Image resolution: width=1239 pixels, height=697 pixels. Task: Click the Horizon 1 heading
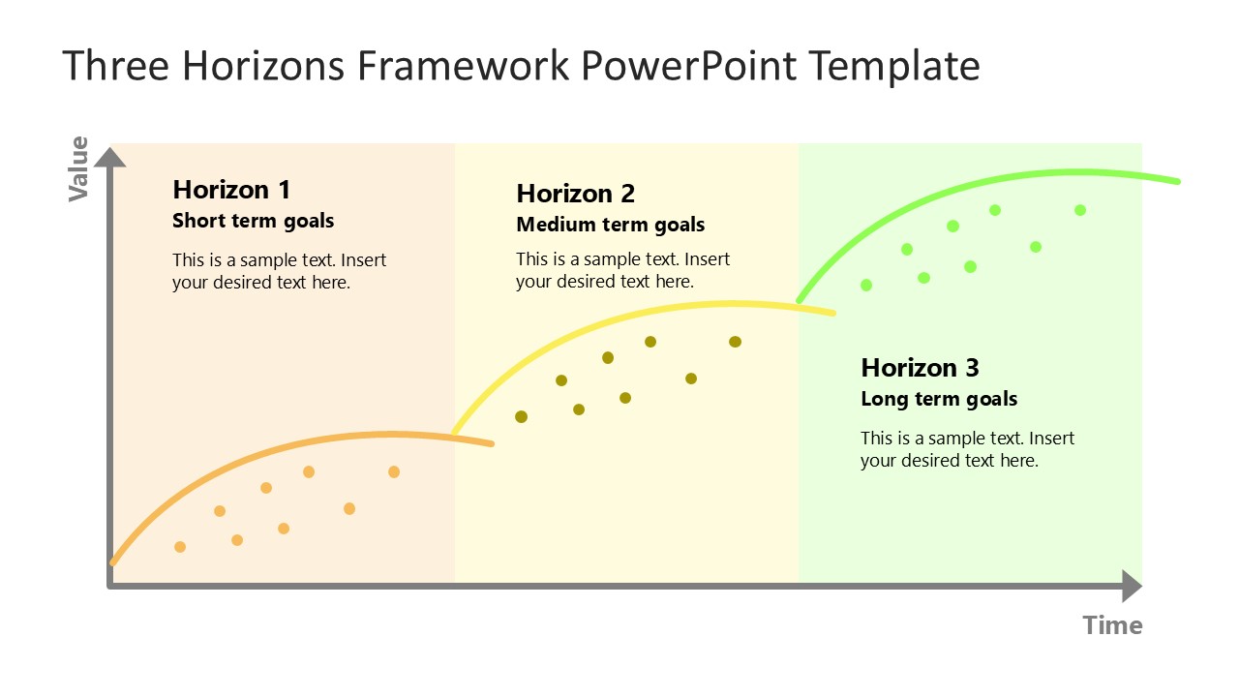(231, 189)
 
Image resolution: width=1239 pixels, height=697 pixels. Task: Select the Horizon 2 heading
(575, 194)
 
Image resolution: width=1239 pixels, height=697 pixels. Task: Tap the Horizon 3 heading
(920, 368)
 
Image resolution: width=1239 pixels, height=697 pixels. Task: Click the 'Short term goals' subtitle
(253, 221)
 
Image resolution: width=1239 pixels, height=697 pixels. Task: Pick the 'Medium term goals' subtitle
(610, 225)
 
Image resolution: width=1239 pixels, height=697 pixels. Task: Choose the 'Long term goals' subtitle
(939, 399)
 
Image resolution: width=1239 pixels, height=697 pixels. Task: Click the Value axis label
(77, 169)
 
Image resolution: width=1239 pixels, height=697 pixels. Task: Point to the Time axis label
(1112, 625)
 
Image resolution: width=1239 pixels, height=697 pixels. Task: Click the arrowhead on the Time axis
(1132, 586)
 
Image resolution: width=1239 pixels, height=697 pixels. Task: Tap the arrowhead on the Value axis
(110, 156)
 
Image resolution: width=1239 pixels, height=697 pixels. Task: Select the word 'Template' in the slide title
(893, 66)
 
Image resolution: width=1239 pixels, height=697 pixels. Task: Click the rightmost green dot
(1080, 210)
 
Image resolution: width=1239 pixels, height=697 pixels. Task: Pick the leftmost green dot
(866, 285)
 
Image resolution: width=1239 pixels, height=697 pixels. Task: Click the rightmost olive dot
(735, 342)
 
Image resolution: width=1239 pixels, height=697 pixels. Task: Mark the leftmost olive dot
(521, 417)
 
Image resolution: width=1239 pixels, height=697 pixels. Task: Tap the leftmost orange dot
(180, 547)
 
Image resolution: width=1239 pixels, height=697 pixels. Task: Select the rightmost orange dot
(394, 471)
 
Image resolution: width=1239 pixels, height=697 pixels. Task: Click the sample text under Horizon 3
(967, 449)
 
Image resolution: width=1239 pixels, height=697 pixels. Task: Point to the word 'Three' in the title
(116, 66)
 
